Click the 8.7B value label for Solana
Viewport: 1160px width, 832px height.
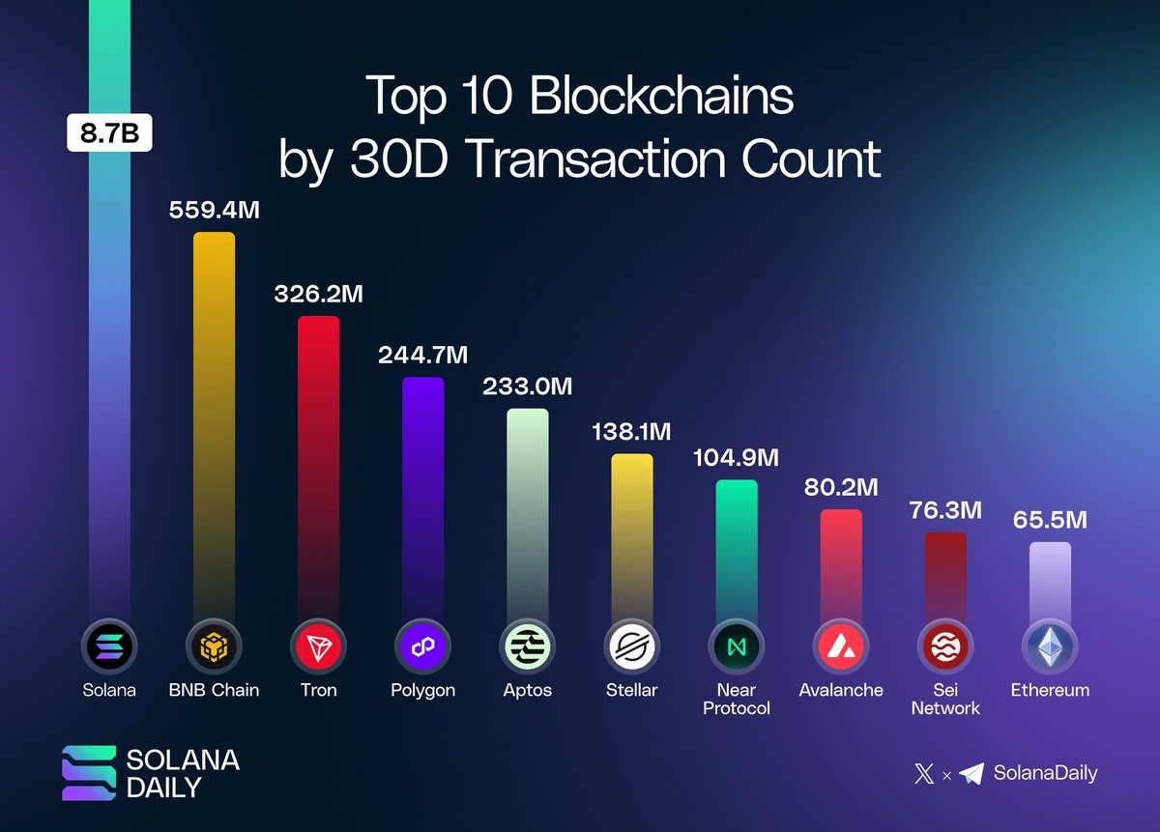pyautogui.click(x=109, y=133)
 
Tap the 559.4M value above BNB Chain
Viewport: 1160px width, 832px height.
pyautogui.click(x=214, y=210)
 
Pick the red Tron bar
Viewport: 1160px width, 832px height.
pyautogui.click(x=318, y=454)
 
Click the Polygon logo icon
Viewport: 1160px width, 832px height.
pyautogui.click(x=422, y=646)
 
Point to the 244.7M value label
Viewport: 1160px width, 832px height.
pyautogui.click(x=422, y=355)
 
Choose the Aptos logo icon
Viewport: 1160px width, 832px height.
pyautogui.click(x=527, y=646)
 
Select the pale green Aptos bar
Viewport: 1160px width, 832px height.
pyautogui.click(x=527, y=502)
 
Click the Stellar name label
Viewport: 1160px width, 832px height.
pyautogui.click(x=631, y=690)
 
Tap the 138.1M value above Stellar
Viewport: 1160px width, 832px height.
pyautogui.click(x=631, y=431)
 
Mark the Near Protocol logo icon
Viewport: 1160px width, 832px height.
pyautogui.click(x=736, y=646)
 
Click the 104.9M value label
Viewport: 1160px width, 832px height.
pyautogui.click(x=736, y=457)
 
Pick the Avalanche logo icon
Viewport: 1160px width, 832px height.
pyautogui.click(x=840, y=646)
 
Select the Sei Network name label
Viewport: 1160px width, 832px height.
pyautogui.click(x=944, y=699)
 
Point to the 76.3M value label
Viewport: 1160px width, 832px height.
pyautogui.click(x=944, y=509)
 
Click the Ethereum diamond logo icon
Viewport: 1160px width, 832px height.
pyautogui.click(x=1050, y=646)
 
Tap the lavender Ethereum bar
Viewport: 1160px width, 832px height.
pyautogui.click(x=1050, y=580)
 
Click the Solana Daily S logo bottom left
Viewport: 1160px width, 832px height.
pyautogui.click(x=88, y=772)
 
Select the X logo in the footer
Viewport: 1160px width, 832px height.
pyautogui.click(x=924, y=773)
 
